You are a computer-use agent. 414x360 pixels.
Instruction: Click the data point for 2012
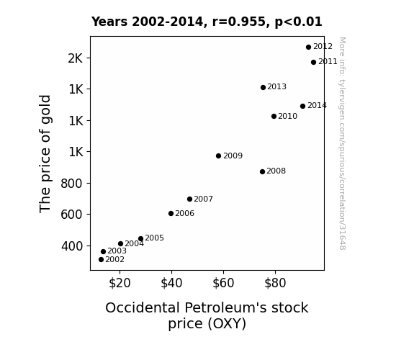tap(308, 48)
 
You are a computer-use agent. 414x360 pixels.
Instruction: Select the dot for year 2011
tap(313, 63)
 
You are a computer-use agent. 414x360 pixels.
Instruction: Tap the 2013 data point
tap(263, 87)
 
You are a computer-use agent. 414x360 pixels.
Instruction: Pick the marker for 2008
tap(262, 171)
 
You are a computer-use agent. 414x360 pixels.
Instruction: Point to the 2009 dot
tap(218, 156)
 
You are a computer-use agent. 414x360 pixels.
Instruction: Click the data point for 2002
tap(101, 260)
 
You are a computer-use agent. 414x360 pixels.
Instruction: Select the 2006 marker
tap(171, 213)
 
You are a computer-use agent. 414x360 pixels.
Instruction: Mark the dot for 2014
tap(302, 106)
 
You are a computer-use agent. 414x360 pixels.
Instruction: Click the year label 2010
tap(287, 116)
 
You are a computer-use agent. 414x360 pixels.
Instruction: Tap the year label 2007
tap(203, 199)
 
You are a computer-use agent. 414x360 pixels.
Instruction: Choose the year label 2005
tap(155, 238)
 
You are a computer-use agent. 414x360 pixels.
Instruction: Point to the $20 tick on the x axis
tap(120, 283)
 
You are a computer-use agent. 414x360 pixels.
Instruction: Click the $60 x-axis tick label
tap(223, 283)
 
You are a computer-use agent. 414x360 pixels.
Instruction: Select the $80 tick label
tap(275, 283)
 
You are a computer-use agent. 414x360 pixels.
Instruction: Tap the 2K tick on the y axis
tap(76, 58)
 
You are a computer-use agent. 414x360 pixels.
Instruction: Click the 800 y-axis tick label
tap(71, 184)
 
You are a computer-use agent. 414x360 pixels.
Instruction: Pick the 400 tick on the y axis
tap(72, 246)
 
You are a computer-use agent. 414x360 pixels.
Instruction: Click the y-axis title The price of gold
tap(45, 153)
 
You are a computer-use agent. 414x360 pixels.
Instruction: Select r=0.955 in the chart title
tap(239, 22)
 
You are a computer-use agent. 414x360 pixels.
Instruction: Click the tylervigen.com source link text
tap(342, 143)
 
